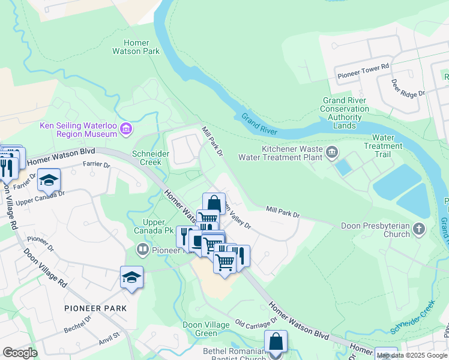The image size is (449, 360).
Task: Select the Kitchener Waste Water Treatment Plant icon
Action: tap(331, 153)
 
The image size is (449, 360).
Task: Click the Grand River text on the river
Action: tap(260, 123)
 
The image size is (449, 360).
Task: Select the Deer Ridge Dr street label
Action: tap(408, 88)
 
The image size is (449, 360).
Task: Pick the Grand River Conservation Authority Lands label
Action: tap(345, 109)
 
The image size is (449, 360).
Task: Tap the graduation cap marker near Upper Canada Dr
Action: tap(49, 179)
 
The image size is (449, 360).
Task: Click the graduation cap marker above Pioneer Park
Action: tap(131, 277)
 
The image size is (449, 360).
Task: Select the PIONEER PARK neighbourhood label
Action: tap(96, 308)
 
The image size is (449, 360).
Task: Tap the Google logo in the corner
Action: tap(20, 353)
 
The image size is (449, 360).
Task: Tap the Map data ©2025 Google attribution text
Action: tap(412, 355)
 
